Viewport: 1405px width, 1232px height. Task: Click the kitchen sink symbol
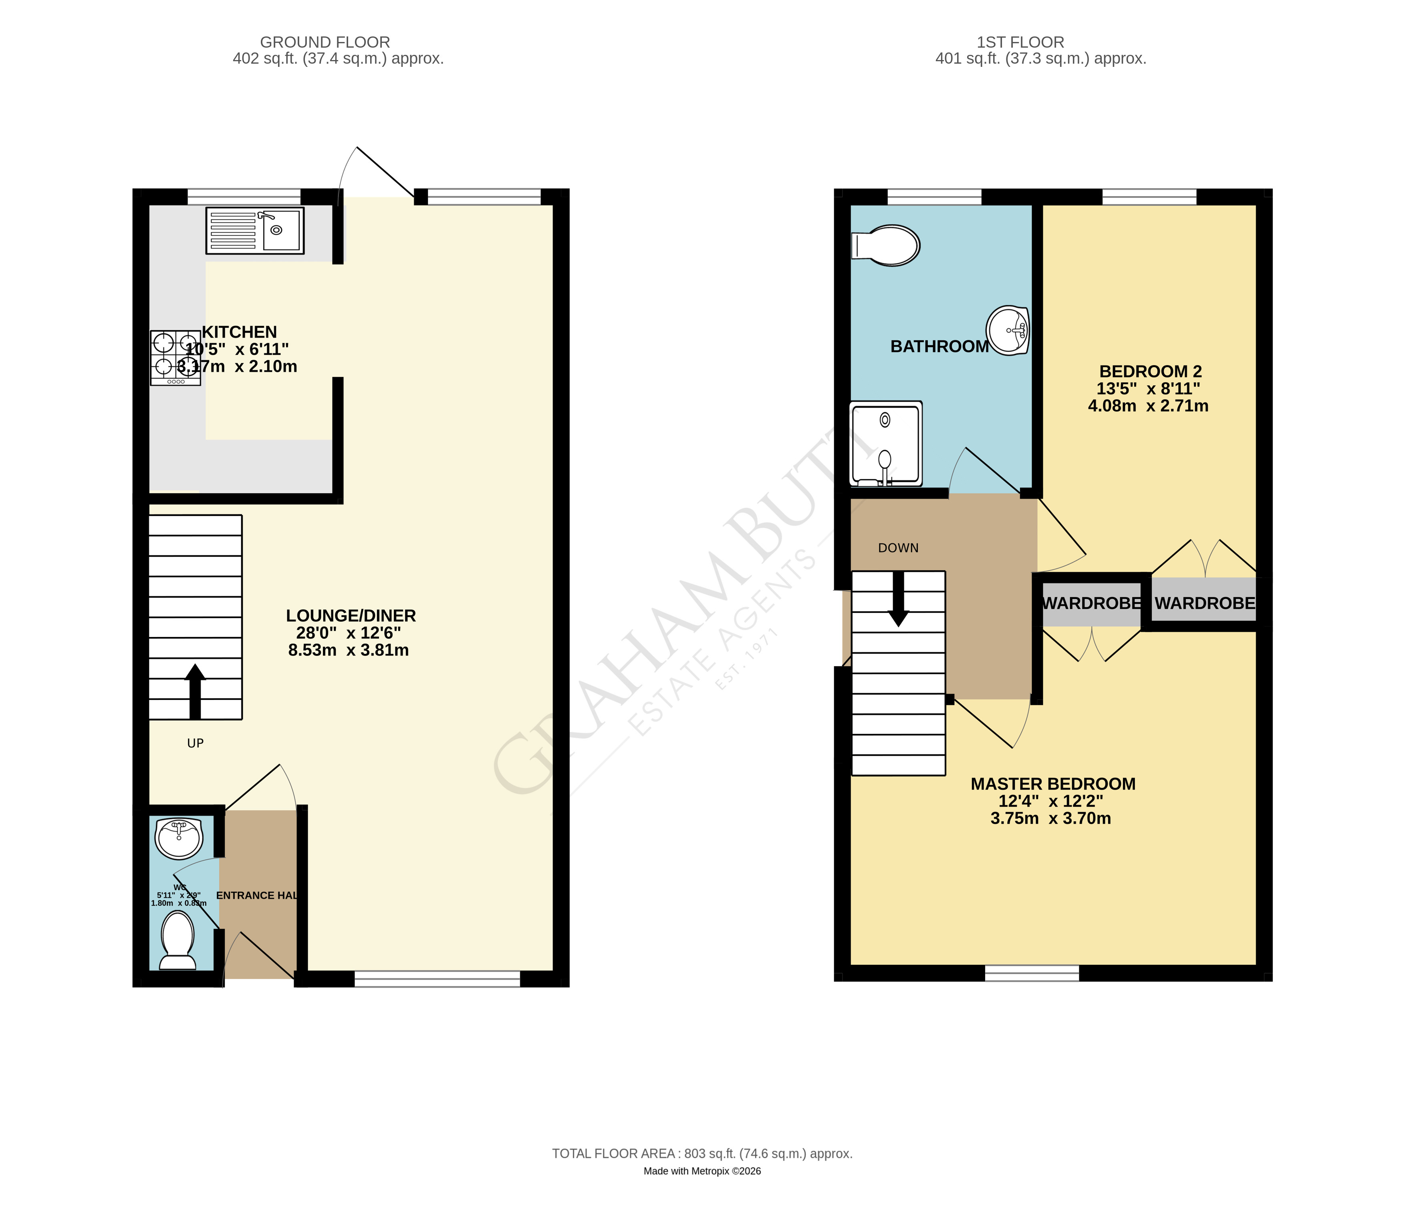click(x=254, y=230)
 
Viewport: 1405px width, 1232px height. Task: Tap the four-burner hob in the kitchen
click(x=175, y=357)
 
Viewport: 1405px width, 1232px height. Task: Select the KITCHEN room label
click(x=239, y=332)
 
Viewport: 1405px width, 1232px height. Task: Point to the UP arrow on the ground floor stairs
click(x=195, y=691)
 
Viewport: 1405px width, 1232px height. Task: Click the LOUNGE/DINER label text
click(x=351, y=616)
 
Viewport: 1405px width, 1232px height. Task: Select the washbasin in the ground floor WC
click(x=179, y=838)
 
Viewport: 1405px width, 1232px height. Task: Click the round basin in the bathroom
click(x=1008, y=330)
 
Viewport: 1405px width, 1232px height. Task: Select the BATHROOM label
click(x=939, y=346)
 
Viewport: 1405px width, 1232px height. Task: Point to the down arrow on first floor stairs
click(x=898, y=599)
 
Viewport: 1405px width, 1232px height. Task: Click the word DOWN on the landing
click(x=898, y=548)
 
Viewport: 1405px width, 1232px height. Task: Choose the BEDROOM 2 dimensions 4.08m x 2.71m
click(x=1147, y=406)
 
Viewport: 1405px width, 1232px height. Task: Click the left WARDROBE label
click(x=1092, y=603)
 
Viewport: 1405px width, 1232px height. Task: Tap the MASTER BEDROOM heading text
click(x=1052, y=784)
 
